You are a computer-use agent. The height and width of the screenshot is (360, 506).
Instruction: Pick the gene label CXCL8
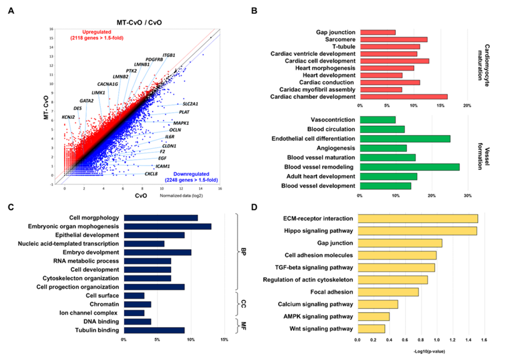151,174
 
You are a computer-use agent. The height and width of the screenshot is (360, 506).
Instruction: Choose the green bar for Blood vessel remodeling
409,166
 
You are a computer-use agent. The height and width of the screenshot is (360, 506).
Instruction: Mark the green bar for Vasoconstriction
378,119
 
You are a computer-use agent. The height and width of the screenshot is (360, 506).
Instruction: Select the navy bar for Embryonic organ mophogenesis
167,226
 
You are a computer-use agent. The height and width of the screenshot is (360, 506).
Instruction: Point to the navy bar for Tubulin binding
154,329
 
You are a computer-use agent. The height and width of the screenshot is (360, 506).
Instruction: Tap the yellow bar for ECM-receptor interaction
418,218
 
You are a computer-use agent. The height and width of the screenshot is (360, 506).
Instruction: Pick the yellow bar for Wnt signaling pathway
372,328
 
